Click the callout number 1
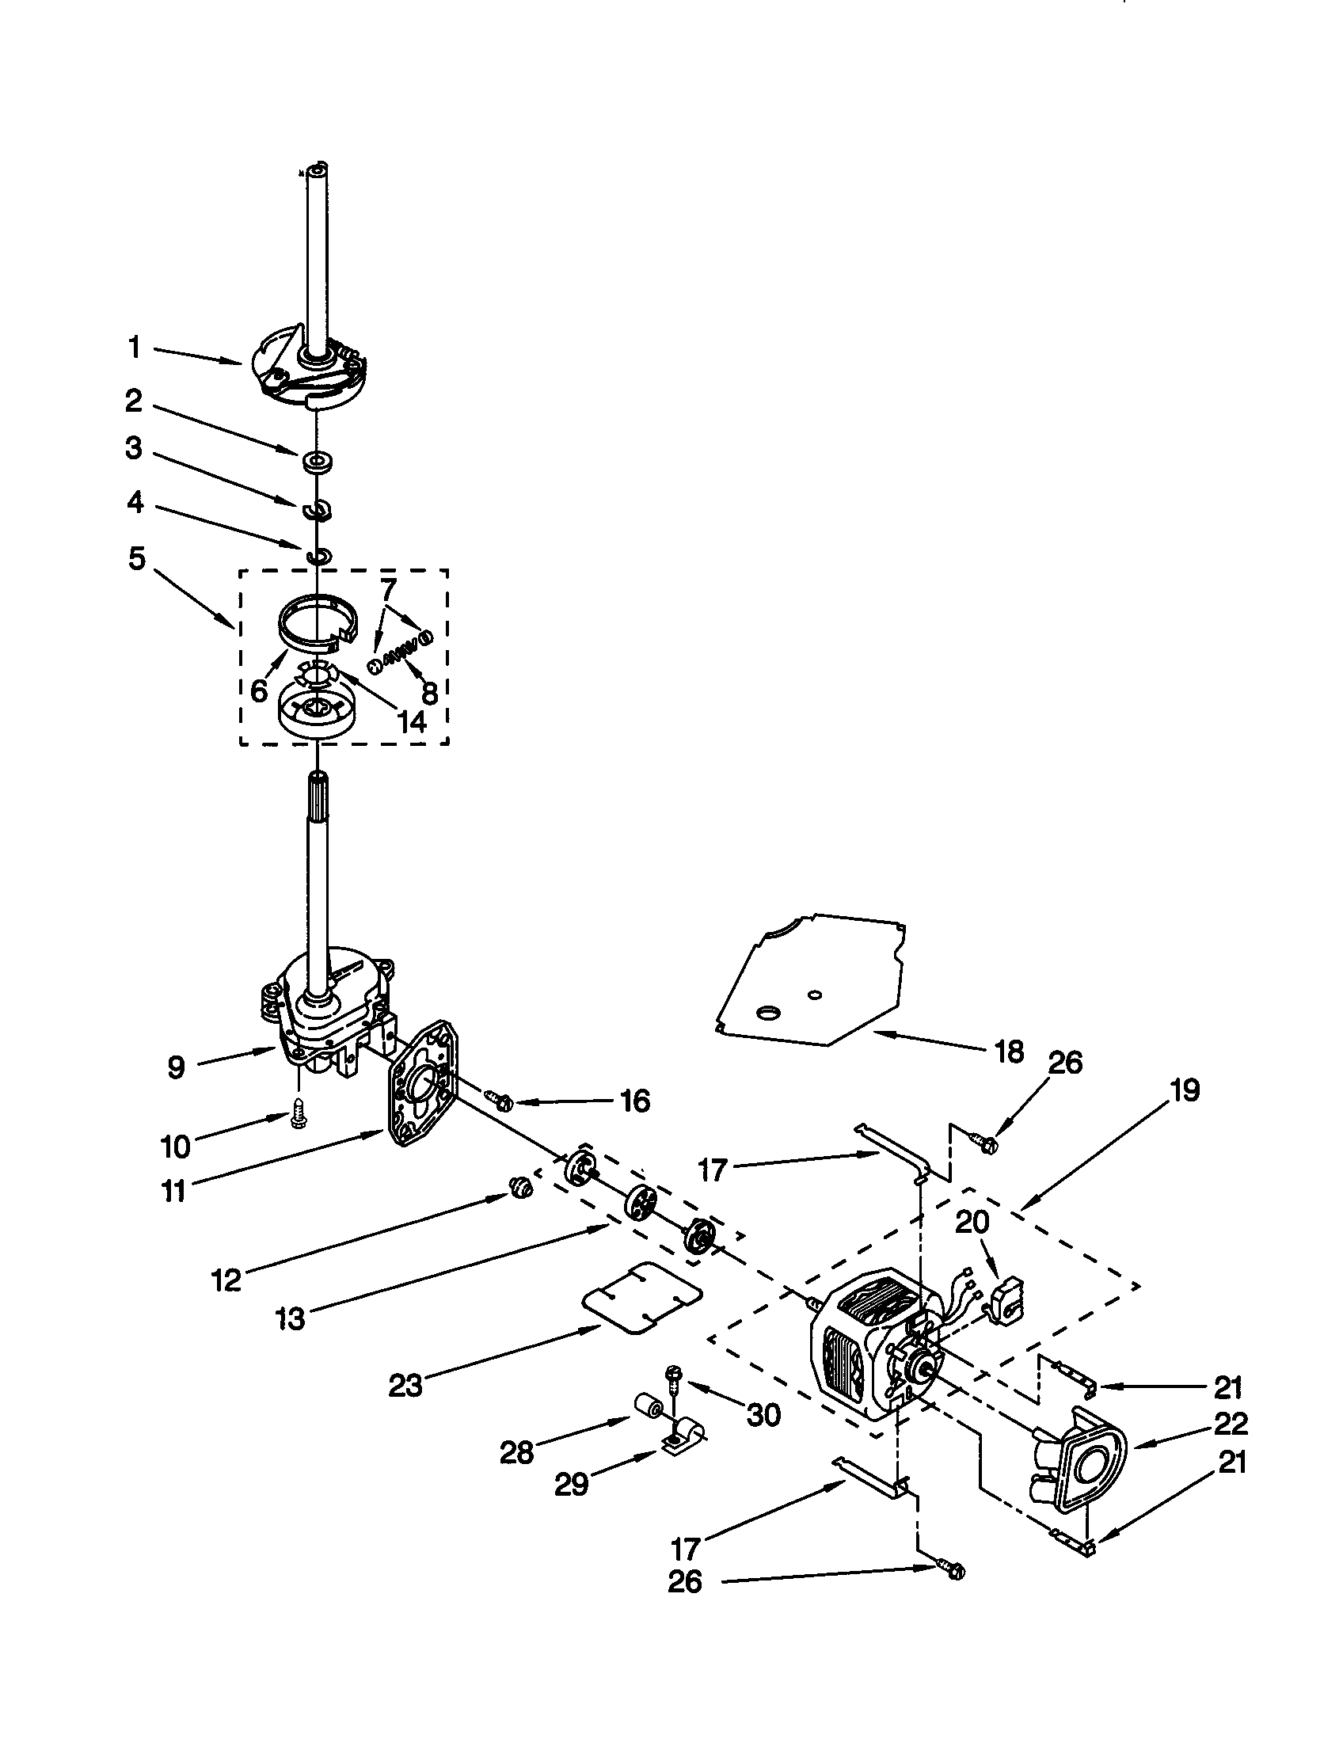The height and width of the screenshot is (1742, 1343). (135, 348)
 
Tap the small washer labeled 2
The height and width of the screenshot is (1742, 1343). (318, 461)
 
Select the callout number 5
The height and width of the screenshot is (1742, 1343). (137, 559)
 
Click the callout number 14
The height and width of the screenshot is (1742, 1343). (411, 721)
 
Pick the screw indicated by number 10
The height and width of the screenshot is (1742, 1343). (299, 1118)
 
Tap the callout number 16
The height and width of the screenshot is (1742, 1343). (635, 1101)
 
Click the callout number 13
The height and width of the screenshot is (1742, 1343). (291, 1318)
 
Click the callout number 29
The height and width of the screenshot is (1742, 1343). (572, 1484)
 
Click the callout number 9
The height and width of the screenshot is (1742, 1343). (177, 1067)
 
